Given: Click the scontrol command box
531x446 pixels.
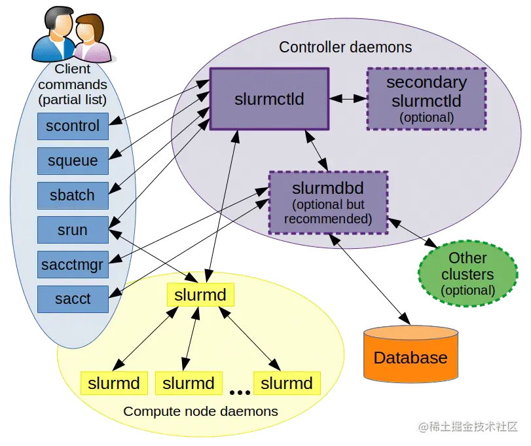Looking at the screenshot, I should [73, 126].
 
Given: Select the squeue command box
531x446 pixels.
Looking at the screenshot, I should [73, 160].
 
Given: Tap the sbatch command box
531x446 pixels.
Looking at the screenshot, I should [73, 195].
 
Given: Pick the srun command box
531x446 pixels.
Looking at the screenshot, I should [73, 230].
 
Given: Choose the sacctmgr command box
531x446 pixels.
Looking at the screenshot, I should [73, 265].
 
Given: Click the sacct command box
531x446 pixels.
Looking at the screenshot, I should [73, 299].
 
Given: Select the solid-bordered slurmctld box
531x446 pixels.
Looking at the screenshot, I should [269, 99].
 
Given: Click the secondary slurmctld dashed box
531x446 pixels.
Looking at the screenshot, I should [426, 99].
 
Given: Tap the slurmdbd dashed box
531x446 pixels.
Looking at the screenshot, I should [328, 202].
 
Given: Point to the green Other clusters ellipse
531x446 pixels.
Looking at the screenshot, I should [467, 274].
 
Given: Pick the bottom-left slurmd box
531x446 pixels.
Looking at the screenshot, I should [114, 383].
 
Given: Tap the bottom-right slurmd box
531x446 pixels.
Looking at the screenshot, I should [287, 383].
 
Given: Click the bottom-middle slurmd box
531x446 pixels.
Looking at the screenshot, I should [189, 383].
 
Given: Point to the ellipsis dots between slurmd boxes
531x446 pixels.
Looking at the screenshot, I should [240, 392].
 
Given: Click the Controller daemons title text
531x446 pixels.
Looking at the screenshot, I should [345, 47].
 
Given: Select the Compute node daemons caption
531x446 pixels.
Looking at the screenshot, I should [200, 411].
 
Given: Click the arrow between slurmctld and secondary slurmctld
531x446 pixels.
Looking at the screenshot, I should [347, 99].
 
